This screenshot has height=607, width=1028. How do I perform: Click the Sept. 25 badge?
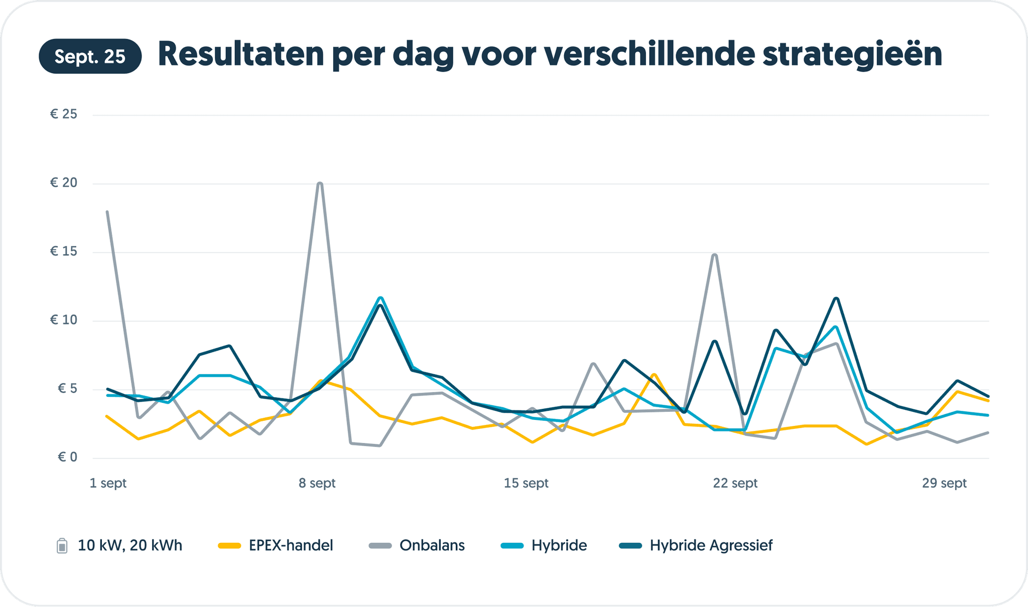click(90, 57)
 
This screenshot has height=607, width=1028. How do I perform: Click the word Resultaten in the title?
click(241, 54)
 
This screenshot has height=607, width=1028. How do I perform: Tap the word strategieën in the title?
click(852, 54)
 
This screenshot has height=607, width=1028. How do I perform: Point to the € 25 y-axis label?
click(64, 114)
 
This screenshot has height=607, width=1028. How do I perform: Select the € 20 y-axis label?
click(64, 183)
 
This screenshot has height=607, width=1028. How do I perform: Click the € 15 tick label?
click(64, 252)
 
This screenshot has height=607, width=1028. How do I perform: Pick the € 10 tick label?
click(64, 320)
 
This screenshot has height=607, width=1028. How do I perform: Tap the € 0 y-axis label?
click(67, 457)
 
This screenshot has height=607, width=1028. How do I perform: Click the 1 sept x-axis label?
click(108, 483)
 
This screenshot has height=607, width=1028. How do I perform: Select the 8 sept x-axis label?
click(317, 483)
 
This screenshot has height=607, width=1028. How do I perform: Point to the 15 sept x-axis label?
click(526, 483)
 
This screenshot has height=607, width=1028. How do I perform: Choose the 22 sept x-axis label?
click(735, 483)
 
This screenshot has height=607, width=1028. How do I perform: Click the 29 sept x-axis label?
click(944, 483)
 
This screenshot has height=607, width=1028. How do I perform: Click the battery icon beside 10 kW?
click(62, 546)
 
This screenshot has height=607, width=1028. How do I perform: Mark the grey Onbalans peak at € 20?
click(320, 184)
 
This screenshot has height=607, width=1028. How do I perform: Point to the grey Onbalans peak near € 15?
click(715, 255)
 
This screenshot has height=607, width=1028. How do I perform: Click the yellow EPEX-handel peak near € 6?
click(654, 375)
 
